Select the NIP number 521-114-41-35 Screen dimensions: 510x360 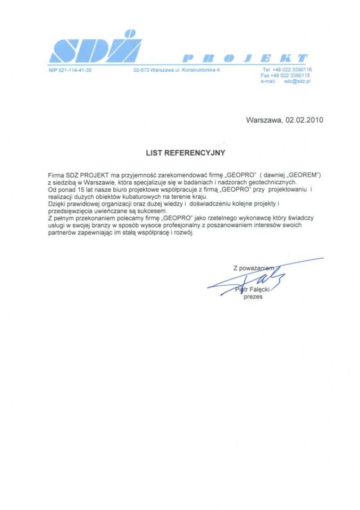coord(70,70)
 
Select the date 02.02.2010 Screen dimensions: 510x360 coord(304,120)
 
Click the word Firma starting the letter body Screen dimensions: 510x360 coord(55,175)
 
